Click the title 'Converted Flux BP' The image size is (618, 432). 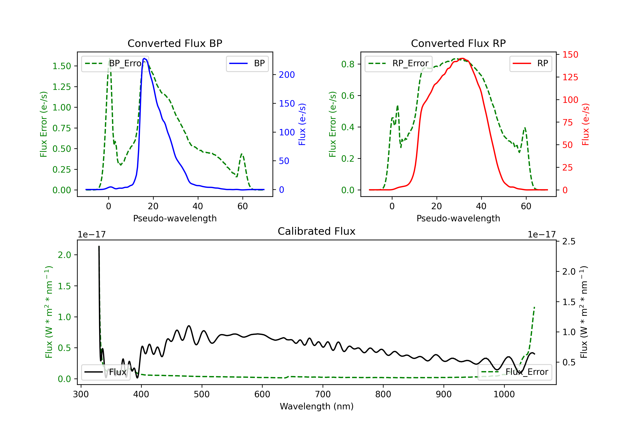point(175,43)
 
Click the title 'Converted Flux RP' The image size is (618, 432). point(458,43)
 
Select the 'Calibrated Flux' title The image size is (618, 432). point(317,231)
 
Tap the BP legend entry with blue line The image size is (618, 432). point(247,63)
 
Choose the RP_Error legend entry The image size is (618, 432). point(398,63)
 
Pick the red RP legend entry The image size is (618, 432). point(530,63)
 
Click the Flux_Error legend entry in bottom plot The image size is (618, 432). point(515,372)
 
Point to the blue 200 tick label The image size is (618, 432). point(287,75)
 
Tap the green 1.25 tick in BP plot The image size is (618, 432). point(62,87)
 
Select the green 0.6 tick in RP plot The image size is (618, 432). point(348,96)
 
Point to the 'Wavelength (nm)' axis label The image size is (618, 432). point(317,406)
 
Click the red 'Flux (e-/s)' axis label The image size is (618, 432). point(586,124)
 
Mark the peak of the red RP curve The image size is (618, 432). point(462,58)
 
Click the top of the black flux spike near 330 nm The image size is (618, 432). point(99,246)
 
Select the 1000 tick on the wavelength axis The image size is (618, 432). point(504,394)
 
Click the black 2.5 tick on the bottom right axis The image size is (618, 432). point(569,241)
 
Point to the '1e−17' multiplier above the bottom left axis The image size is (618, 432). point(91,235)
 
